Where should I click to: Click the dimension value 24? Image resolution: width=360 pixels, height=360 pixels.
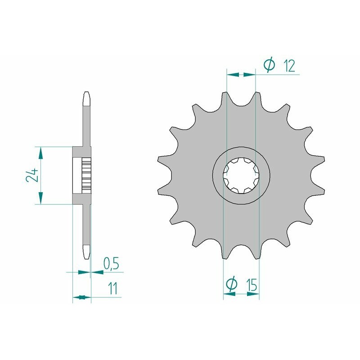[31, 175]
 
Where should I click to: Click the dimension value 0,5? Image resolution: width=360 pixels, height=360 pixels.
[111, 264]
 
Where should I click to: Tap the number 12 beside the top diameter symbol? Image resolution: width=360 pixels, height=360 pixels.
[289, 66]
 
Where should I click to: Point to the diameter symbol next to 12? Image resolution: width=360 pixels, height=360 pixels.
[269, 66]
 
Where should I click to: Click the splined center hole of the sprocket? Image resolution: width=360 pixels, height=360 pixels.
[241, 176]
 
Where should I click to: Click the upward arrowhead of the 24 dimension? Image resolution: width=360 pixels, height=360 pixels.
[41, 153]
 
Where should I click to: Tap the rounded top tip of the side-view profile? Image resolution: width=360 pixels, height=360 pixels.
[87, 95]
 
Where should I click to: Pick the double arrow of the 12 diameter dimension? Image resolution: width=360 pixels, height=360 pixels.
[241, 74]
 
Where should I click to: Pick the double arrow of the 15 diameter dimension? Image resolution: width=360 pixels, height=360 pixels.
[241, 295]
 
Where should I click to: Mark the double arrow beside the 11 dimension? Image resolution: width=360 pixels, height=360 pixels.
[81, 297]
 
